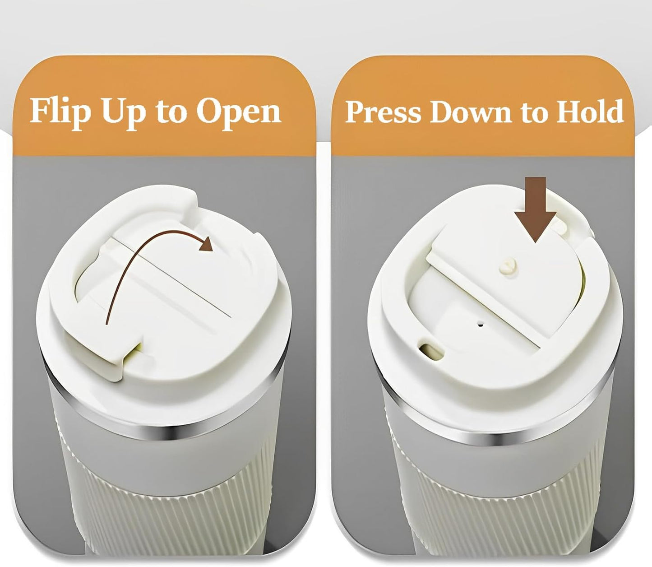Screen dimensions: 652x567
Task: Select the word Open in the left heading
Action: pyautogui.click(x=239, y=114)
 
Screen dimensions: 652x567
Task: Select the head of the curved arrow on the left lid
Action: pyautogui.click(x=206, y=244)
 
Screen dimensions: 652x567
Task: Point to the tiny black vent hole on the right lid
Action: pyautogui.click(x=481, y=325)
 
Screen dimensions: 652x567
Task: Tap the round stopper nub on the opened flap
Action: pyautogui.click(x=508, y=267)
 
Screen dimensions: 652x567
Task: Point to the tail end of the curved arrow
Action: pyautogui.click(x=107, y=324)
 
